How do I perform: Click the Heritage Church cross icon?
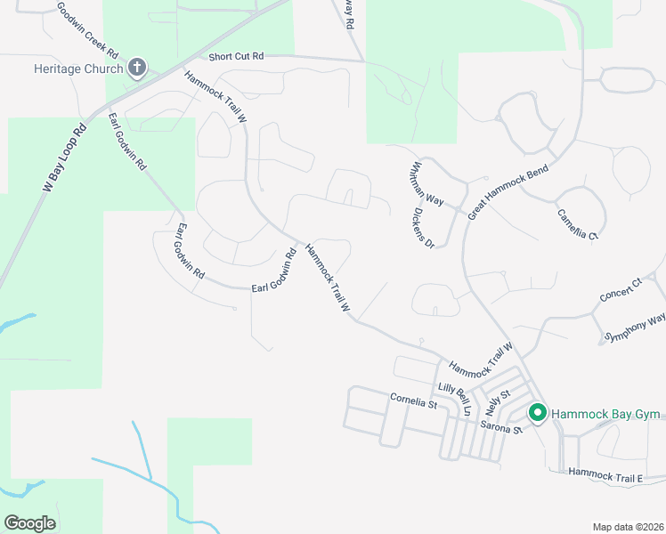[137, 68]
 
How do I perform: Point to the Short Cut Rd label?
[237, 56]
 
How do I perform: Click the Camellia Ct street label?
[579, 226]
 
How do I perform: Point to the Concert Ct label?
[621, 290]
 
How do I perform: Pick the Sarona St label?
[501, 428]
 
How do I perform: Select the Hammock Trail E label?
[605, 477]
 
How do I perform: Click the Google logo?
[29, 523]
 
